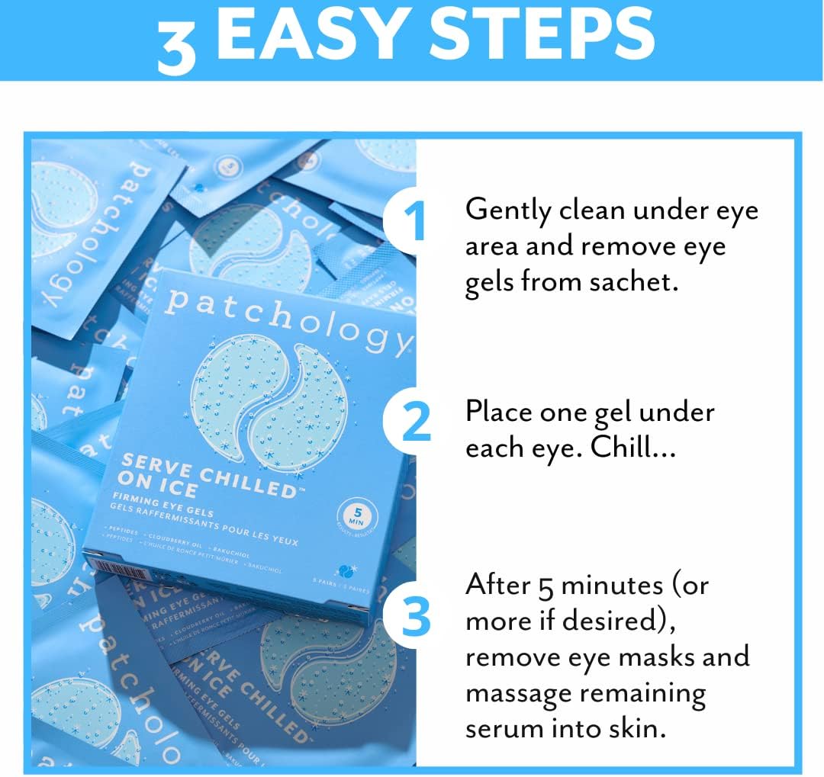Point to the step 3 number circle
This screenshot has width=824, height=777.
[x=417, y=618]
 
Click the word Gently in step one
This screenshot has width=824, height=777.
[x=507, y=210]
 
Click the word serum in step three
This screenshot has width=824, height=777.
[x=504, y=729]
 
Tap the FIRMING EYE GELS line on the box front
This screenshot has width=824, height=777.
[x=163, y=508]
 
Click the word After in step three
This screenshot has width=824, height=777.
[x=497, y=585]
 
